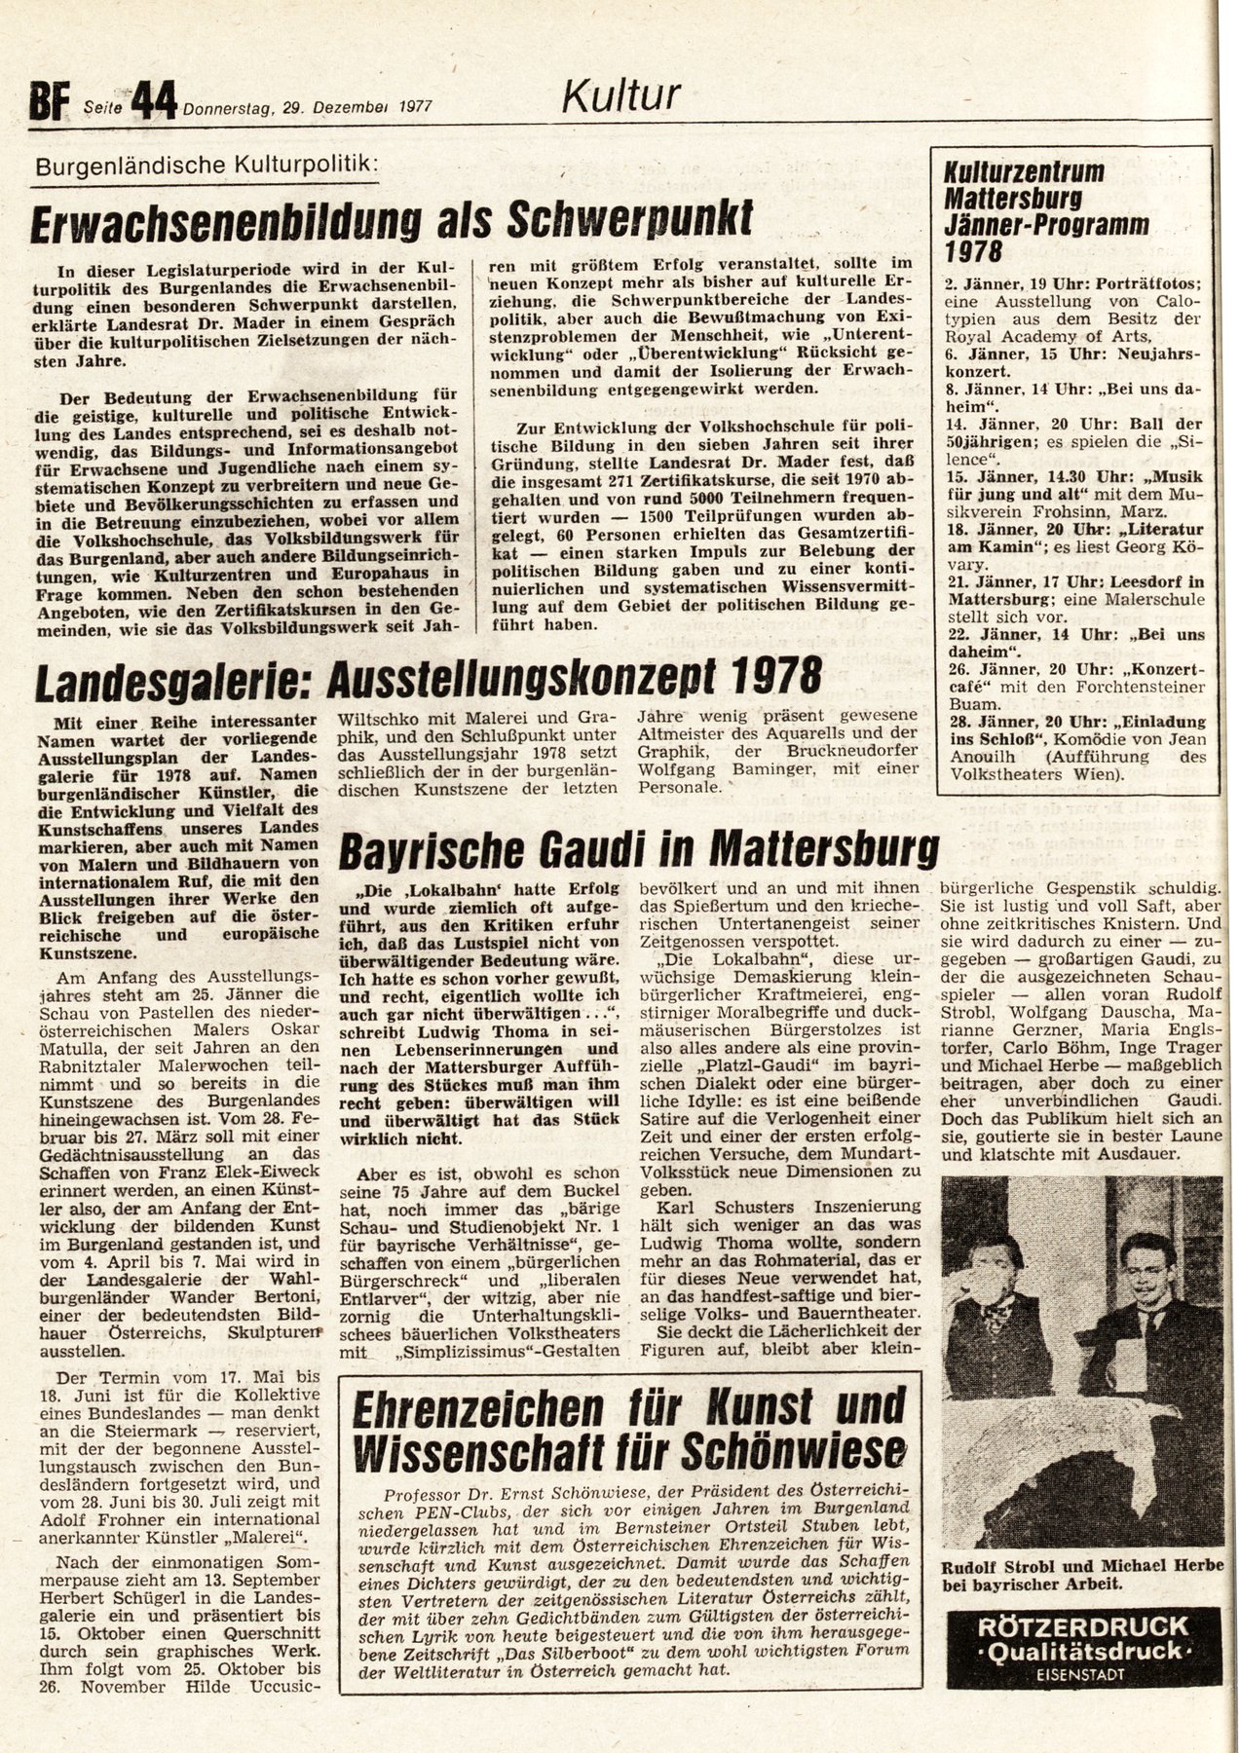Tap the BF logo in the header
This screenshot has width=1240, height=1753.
(46, 102)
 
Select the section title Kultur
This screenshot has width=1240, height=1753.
(620, 95)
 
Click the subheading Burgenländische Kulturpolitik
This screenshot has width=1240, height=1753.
(205, 166)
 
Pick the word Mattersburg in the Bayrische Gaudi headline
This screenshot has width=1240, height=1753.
(824, 849)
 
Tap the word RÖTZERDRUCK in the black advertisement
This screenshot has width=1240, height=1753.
(1081, 1626)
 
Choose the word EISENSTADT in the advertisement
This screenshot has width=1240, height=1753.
(1081, 1674)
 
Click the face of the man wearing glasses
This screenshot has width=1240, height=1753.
(1143, 1262)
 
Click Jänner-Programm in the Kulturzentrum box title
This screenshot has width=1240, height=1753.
(1046, 224)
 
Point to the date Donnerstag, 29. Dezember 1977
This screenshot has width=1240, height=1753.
(307, 108)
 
